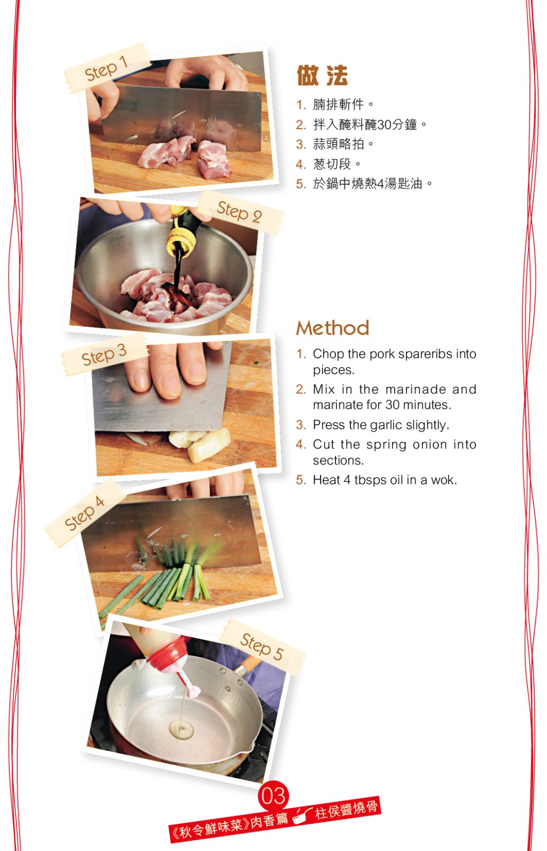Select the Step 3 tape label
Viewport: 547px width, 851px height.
104,354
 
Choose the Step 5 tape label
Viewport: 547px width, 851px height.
263,647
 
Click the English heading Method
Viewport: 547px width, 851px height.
332,328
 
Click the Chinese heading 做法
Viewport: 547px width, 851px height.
322,75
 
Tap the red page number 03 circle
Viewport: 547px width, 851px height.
273,795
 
